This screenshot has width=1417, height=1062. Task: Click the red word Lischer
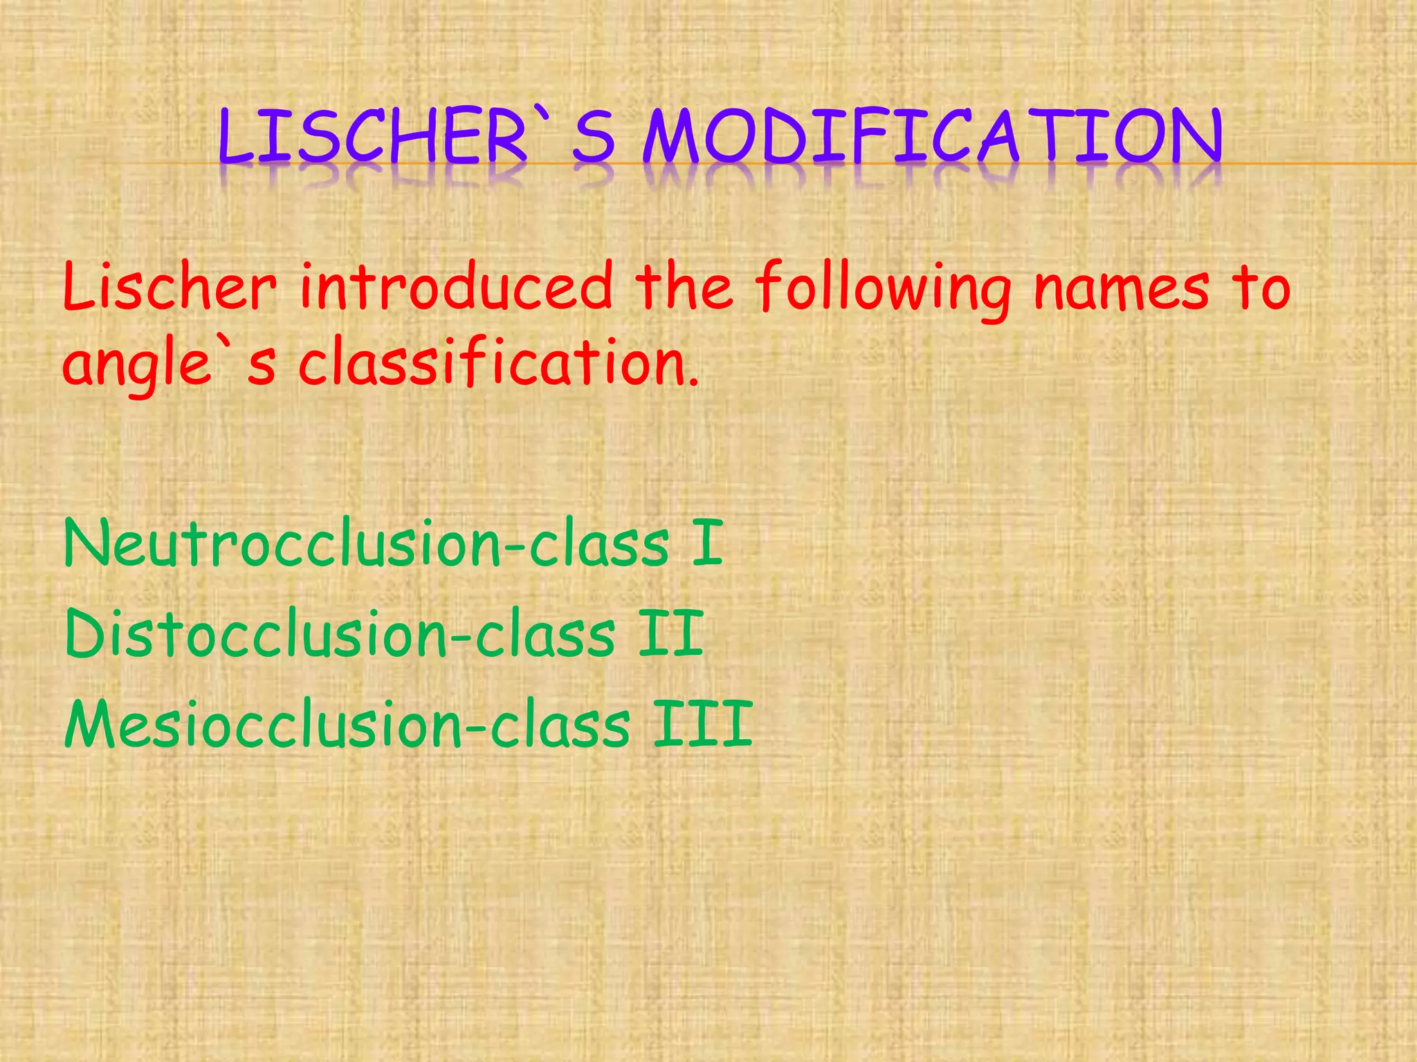click(x=170, y=286)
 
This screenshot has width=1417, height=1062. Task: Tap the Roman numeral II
click(x=670, y=634)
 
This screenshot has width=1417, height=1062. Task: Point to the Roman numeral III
click(x=703, y=724)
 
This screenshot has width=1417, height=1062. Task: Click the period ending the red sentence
click(x=693, y=382)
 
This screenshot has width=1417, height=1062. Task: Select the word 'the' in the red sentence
click(x=685, y=286)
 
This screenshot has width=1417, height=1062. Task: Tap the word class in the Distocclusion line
click(x=545, y=634)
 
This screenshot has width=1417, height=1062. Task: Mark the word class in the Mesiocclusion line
click(x=560, y=724)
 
